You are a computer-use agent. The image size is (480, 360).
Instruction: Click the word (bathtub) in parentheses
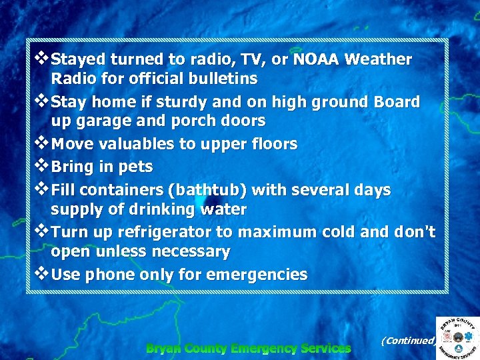pyautogui.click(x=207, y=190)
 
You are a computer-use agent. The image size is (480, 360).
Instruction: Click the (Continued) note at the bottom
pyautogui.click(x=407, y=341)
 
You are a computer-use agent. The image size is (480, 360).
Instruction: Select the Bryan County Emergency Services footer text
pyautogui.click(x=248, y=348)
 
